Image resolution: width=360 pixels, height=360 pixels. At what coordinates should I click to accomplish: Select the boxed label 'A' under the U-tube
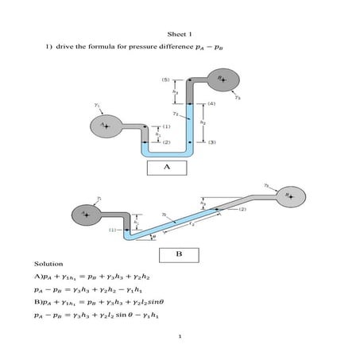[x=167, y=168]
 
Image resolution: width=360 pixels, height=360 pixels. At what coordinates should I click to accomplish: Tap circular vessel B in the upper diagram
[x=223, y=80]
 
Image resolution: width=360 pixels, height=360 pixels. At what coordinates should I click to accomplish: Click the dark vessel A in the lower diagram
[x=84, y=214]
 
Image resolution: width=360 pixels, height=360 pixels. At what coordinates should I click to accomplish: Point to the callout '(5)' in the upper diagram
[x=165, y=80]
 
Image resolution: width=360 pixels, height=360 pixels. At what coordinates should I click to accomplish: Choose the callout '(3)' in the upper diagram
[x=211, y=143]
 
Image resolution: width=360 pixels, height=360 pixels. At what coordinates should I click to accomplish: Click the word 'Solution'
[x=48, y=263]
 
